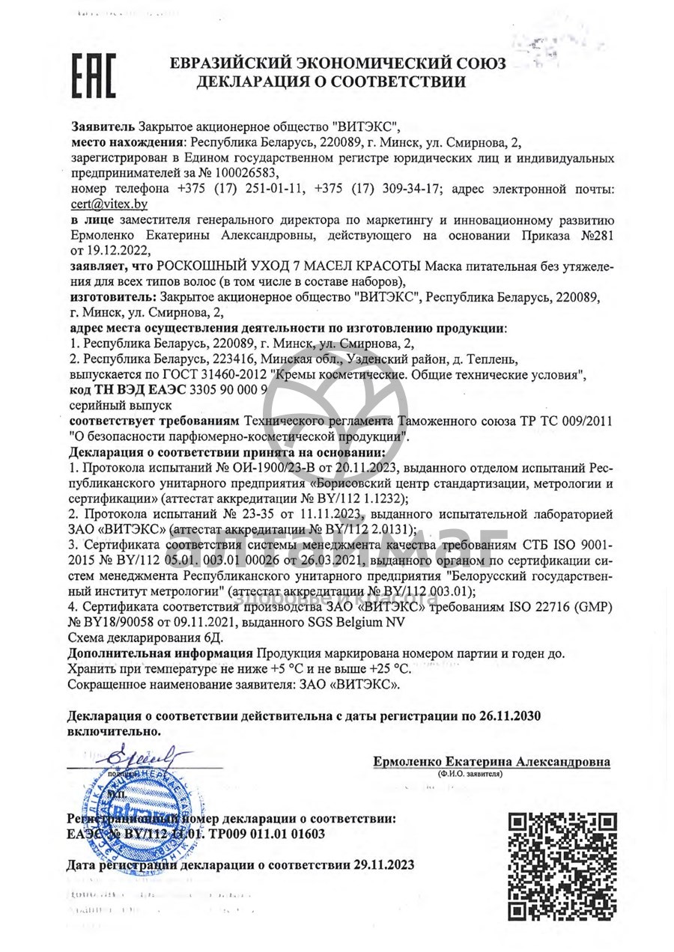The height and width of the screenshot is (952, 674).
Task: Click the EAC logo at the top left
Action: pyautogui.click(x=93, y=76)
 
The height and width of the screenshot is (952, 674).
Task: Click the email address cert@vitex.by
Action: pyautogui.click(x=109, y=204)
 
